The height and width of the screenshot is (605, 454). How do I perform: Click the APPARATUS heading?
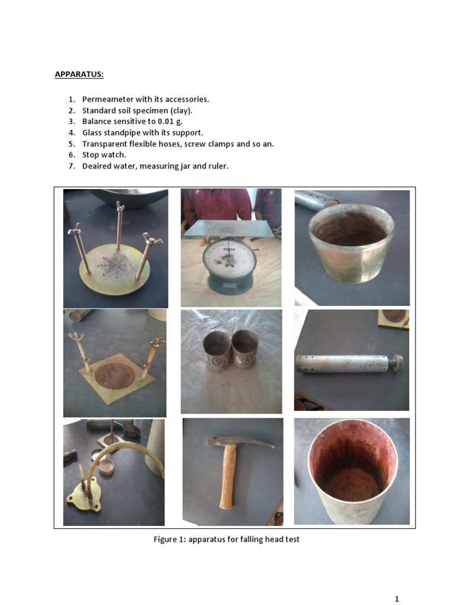[79, 74]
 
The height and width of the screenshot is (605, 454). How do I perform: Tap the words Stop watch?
[104, 155]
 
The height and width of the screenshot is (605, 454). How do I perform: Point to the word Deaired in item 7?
[96, 166]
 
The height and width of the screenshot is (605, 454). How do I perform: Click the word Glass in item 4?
[92, 133]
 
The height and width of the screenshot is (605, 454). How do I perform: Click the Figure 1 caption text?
[226, 539]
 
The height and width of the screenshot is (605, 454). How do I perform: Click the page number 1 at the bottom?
[397, 599]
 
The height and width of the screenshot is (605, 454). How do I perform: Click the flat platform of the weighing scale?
[229, 228]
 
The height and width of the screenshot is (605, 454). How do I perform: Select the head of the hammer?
[239, 441]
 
